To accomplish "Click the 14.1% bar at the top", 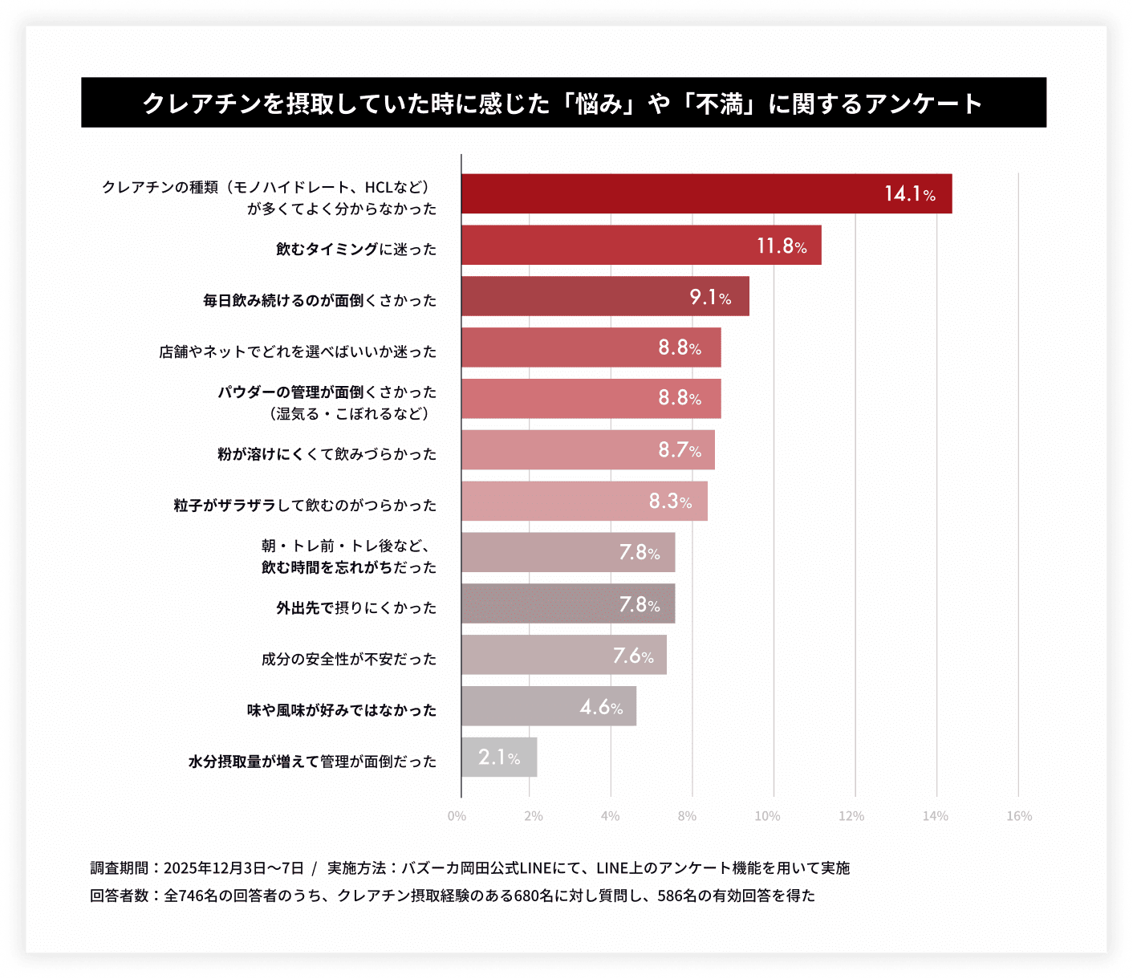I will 706,193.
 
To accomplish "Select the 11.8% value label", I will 781,246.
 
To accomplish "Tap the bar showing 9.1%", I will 605,296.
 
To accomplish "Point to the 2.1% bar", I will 499,757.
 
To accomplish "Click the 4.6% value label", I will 601,707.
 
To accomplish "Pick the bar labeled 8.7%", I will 587,449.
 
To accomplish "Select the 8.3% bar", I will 584,501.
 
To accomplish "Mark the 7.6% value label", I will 633,656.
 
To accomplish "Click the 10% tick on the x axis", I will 767,816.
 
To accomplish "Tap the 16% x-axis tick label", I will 1019,816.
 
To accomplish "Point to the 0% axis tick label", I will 457,816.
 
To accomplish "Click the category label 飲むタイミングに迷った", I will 356,249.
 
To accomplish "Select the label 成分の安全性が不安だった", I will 348,659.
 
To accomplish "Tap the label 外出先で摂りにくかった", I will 356,607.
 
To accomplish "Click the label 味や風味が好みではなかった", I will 341,710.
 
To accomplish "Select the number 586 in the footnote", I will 670,896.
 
